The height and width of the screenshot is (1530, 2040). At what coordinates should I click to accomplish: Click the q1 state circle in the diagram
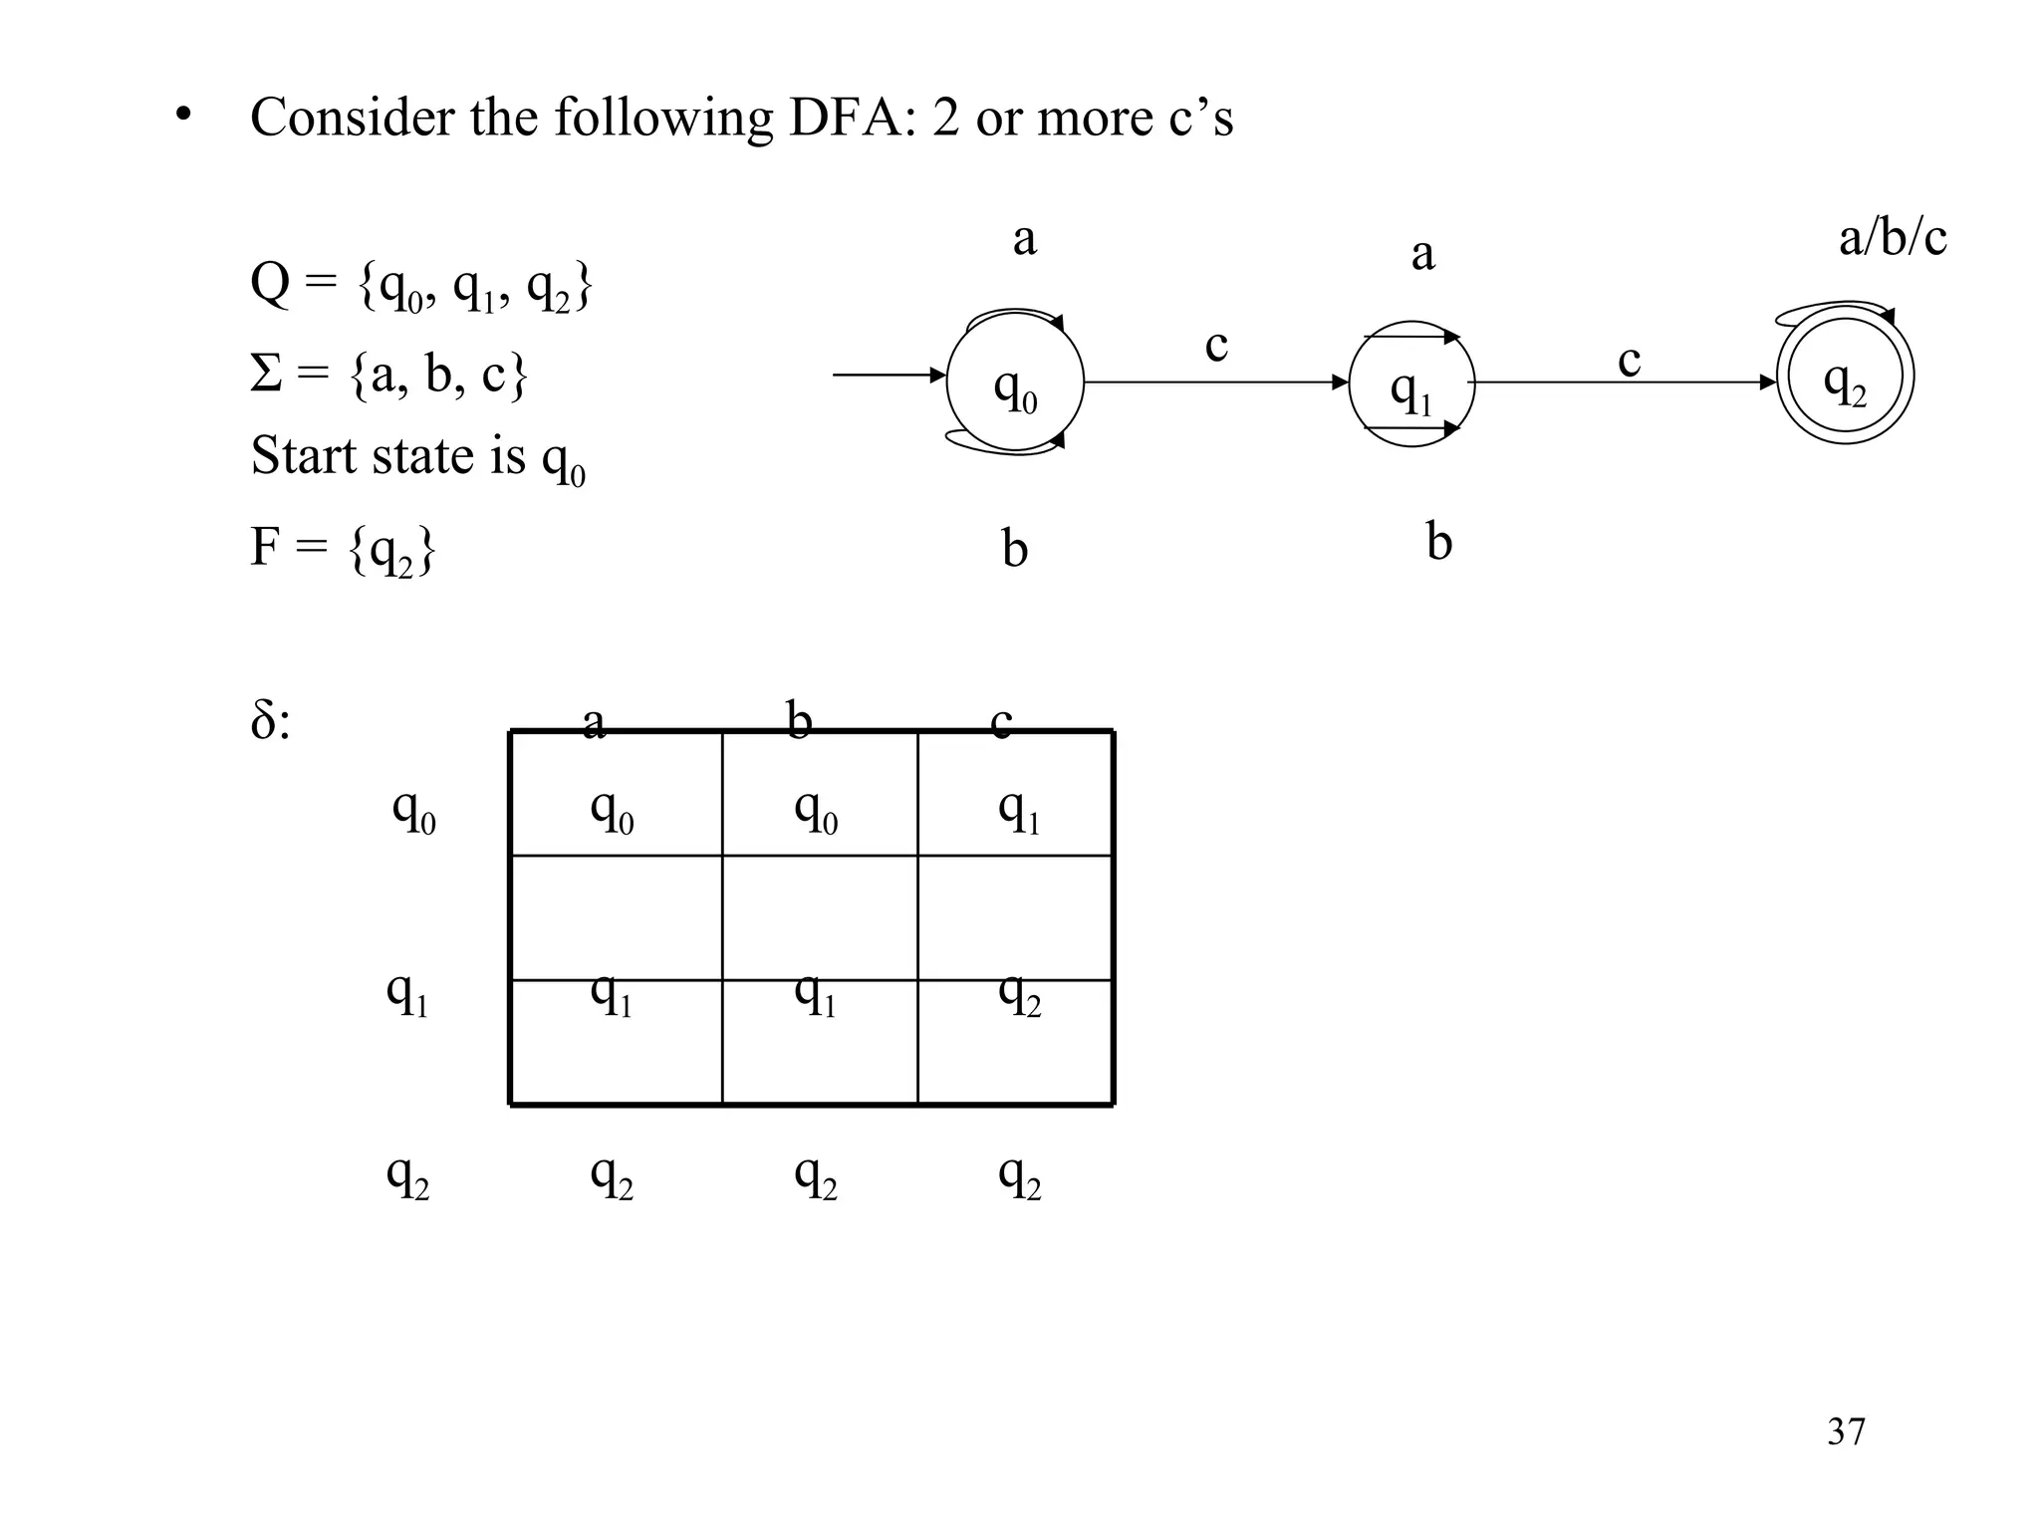point(1410,384)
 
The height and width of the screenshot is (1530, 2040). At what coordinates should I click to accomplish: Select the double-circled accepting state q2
point(1845,378)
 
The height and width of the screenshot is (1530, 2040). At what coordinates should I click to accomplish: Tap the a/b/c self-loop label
point(1892,239)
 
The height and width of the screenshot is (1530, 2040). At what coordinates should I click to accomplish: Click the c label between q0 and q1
point(1216,346)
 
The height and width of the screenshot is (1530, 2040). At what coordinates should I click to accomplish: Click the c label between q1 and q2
point(1629,360)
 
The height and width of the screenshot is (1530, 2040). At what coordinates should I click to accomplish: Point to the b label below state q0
point(1014,549)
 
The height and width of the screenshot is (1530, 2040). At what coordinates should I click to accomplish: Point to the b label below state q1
point(1438,543)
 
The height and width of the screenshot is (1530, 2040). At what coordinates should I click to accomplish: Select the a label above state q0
point(1024,239)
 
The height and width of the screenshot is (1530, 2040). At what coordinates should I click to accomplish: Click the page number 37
point(1846,1431)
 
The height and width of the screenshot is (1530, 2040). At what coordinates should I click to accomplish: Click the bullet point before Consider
point(181,118)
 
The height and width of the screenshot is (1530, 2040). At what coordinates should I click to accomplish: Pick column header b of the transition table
point(798,720)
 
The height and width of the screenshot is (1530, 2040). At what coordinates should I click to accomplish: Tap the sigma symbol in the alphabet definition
point(265,375)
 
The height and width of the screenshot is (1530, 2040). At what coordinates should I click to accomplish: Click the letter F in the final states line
point(265,546)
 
